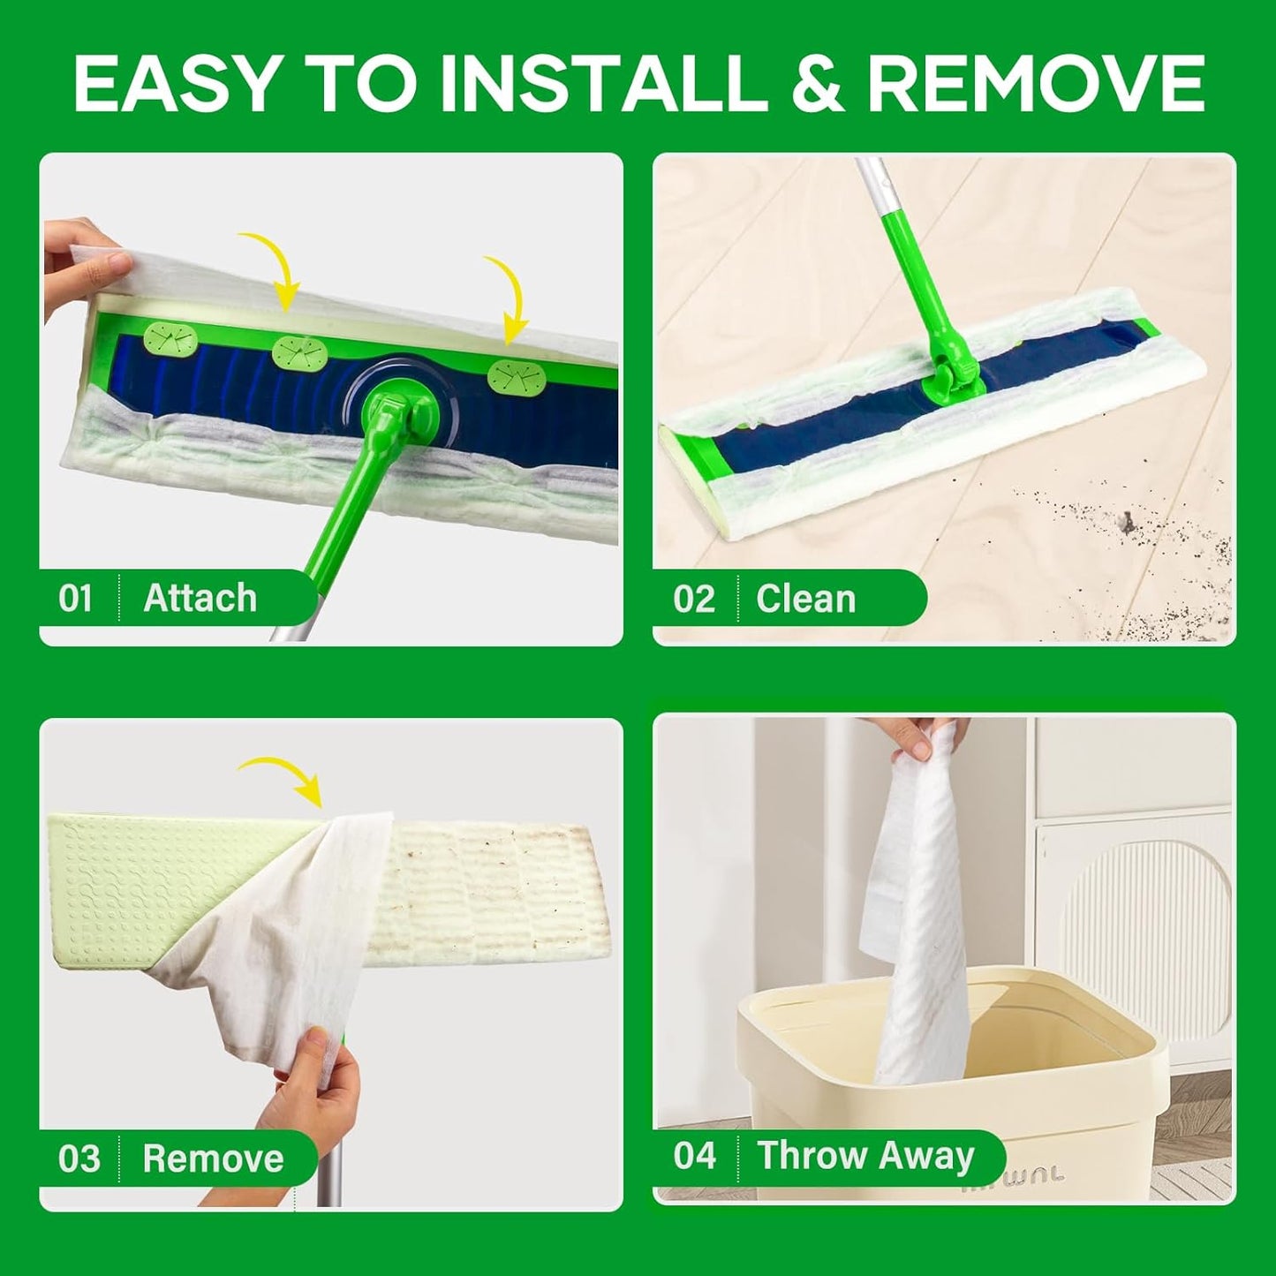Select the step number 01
(x=76, y=599)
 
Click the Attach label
(x=200, y=599)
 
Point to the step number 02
(x=693, y=599)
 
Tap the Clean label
(x=805, y=599)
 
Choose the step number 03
(x=79, y=1159)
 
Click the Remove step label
(x=213, y=1159)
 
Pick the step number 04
(x=694, y=1156)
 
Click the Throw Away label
(x=865, y=1156)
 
